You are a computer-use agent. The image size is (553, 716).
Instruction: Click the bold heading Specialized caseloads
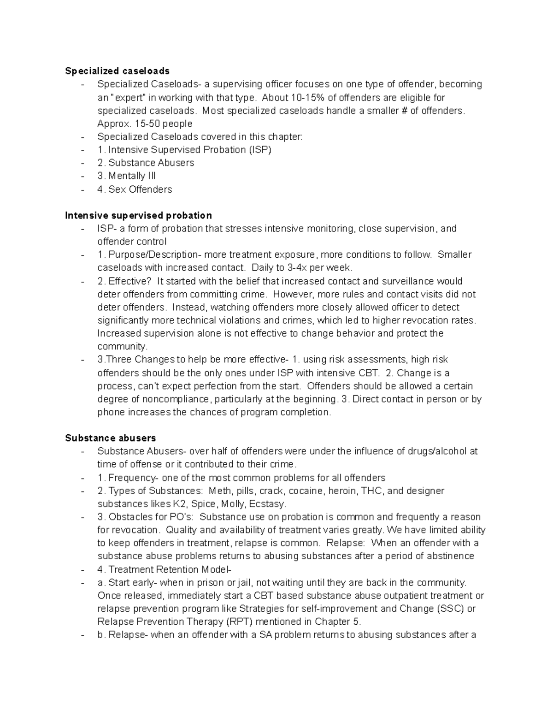[x=117, y=71]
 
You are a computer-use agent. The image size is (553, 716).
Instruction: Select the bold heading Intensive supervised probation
[x=138, y=215]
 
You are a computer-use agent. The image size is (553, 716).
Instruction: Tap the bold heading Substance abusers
[x=111, y=438]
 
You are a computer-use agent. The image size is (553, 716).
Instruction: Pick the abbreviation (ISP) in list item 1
[x=260, y=150]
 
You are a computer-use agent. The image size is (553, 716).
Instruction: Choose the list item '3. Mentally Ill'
[x=127, y=176]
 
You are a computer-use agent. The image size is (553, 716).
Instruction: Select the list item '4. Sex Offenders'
[x=135, y=189]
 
